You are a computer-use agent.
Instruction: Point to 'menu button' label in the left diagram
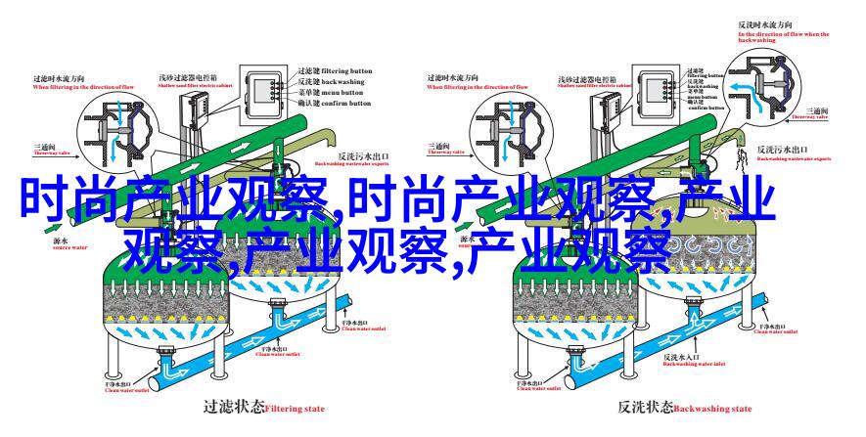tap(343, 98)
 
